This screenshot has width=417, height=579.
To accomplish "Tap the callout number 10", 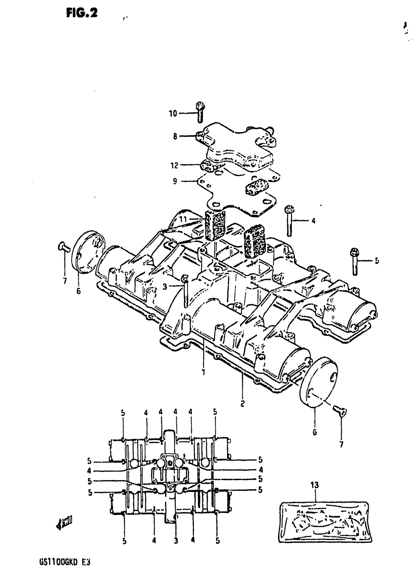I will (x=173, y=113).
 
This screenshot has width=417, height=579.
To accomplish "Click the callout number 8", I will (x=175, y=136).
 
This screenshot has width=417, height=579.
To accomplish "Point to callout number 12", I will (x=174, y=165).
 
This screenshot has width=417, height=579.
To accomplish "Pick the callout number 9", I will (x=175, y=181).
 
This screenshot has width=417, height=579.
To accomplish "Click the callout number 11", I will (x=183, y=219).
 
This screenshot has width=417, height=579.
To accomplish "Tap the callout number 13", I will (x=314, y=485).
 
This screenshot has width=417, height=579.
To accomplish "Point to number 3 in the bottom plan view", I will (x=176, y=541).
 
